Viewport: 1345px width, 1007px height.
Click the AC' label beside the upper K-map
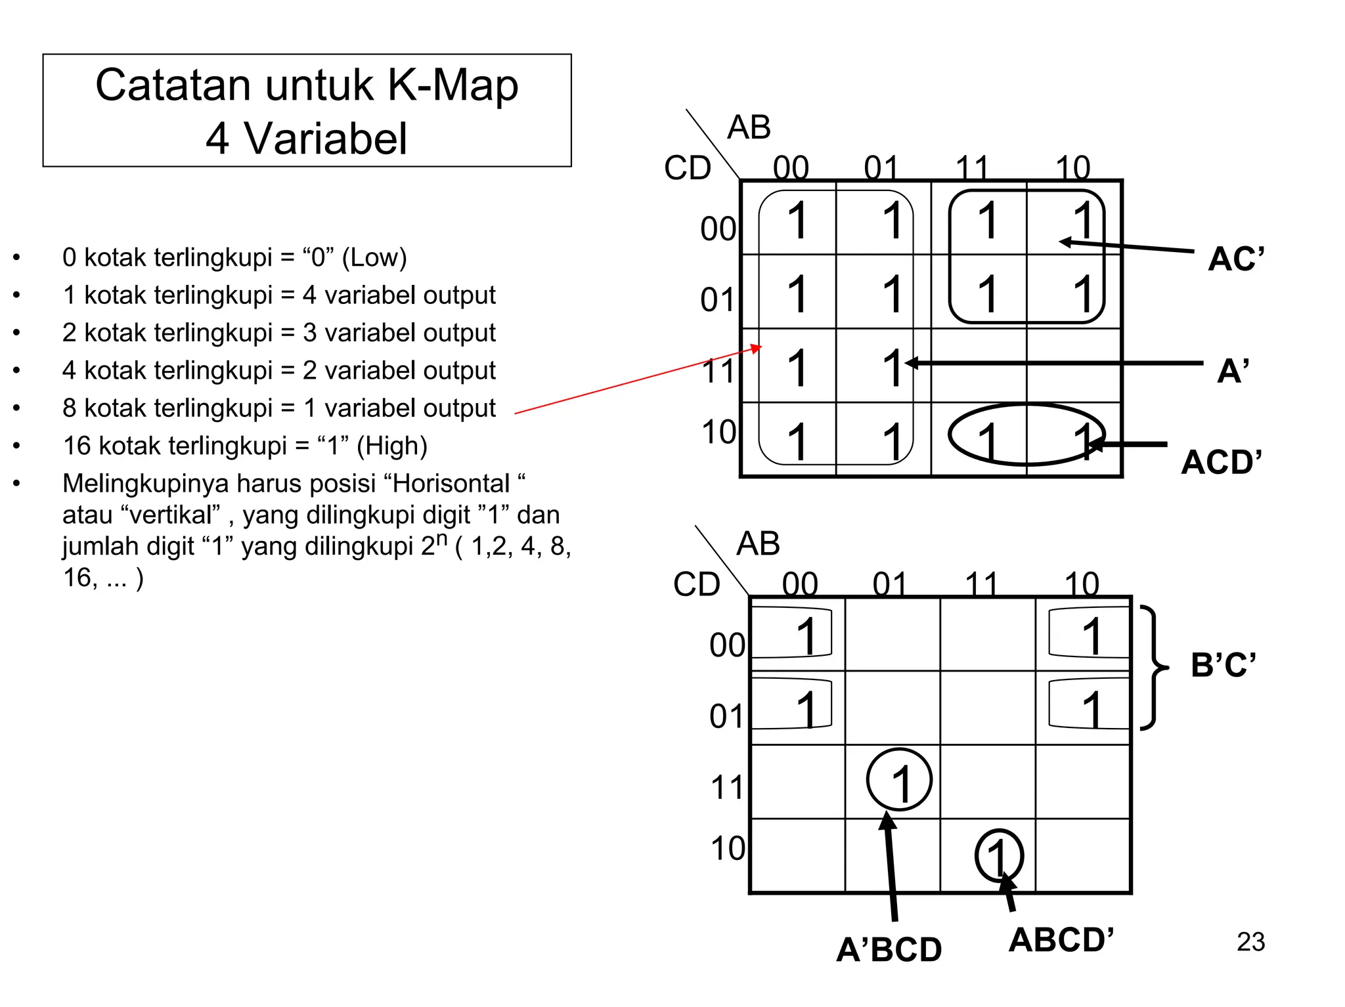pyautogui.click(x=1235, y=259)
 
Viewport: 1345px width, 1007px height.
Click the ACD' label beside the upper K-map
pyautogui.click(x=1221, y=462)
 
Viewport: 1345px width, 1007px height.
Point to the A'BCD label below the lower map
pyautogui.click(x=889, y=950)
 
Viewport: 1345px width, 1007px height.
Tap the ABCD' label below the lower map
pyautogui.click(x=1061, y=940)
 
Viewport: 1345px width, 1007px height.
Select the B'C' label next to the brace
pyautogui.click(x=1223, y=665)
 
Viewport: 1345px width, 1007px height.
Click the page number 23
pyautogui.click(x=1250, y=942)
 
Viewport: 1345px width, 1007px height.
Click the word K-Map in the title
pyautogui.click(x=452, y=85)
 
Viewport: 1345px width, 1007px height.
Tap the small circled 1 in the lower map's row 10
pyautogui.click(x=998, y=856)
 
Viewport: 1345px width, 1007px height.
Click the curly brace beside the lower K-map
pyautogui.click(x=1154, y=667)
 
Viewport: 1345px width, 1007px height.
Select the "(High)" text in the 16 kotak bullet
pyautogui.click(x=392, y=446)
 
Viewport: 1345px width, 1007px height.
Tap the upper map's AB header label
pyautogui.click(x=749, y=127)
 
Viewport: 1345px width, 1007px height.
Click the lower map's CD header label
pyautogui.click(x=696, y=584)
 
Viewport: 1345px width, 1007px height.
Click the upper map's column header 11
pyautogui.click(x=972, y=168)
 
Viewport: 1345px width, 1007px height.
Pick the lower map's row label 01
pyautogui.click(x=726, y=716)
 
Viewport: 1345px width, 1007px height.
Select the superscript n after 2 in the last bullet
pyautogui.click(x=443, y=538)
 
